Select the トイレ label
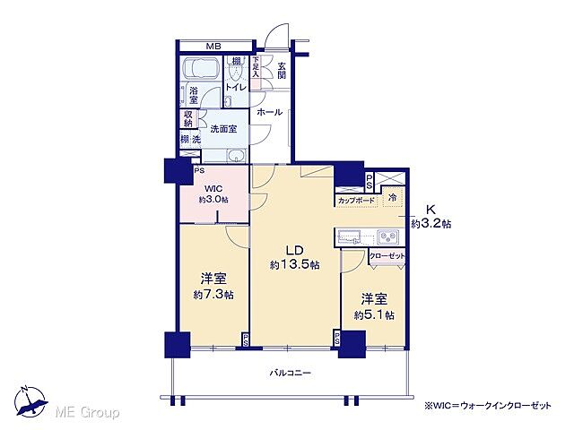[x=236, y=87]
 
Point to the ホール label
[x=269, y=113]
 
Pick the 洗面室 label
[x=222, y=129]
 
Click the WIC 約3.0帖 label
[x=213, y=193]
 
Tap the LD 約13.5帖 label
[x=291, y=258]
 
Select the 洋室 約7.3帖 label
[x=211, y=286]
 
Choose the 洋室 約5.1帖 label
[x=371, y=305]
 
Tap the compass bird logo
[x=30, y=400]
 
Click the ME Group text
[x=87, y=412]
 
